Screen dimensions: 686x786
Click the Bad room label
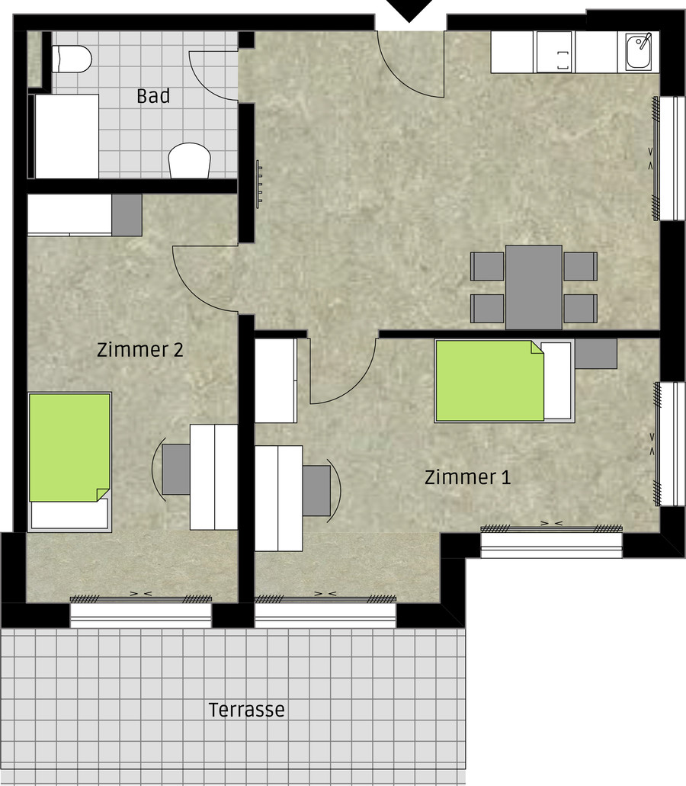pyautogui.click(x=153, y=96)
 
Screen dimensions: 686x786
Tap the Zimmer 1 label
pyautogui.click(x=467, y=476)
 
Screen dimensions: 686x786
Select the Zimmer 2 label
pyautogui.click(x=139, y=349)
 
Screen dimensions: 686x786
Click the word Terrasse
pyautogui.click(x=246, y=709)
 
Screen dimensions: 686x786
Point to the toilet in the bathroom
pyautogui.click(x=72, y=59)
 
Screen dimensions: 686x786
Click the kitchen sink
pyautogui.click(x=639, y=51)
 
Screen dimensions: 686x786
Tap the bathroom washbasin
pyautogui.click(x=189, y=160)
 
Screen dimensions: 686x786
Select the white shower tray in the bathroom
pyautogui.click(x=66, y=136)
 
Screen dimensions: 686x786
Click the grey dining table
pyautogui.click(x=534, y=287)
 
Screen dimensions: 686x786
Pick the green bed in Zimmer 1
pyautogui.click(x=489, y=381)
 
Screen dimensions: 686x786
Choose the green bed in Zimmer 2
pyautogui.click(x=69, y=448)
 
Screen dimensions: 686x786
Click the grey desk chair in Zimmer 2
pyautogui.click(x=176, y=469)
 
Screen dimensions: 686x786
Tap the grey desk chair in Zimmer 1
pyautogui.click(x=316, y=491)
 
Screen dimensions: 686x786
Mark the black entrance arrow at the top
pyautogui.click(x=409, y=9)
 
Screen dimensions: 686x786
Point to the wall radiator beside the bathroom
pyautogui.click(x=259, y=184)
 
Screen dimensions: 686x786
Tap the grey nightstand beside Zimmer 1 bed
pyautogui.click(x=596, y=354)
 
